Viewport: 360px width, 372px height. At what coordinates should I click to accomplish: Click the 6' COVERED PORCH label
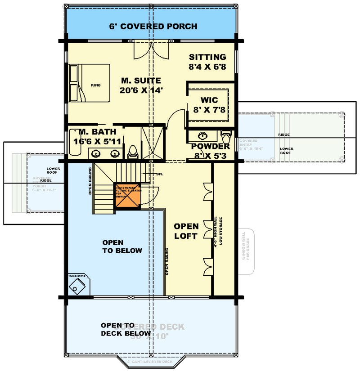153,27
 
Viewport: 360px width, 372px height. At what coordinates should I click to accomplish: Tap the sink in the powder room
203,135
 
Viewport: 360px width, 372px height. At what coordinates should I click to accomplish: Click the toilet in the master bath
133,152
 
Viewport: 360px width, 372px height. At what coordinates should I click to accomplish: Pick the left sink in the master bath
97,154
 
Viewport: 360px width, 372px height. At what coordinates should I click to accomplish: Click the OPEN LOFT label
186,231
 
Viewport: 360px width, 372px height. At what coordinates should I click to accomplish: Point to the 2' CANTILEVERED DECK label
150,362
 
